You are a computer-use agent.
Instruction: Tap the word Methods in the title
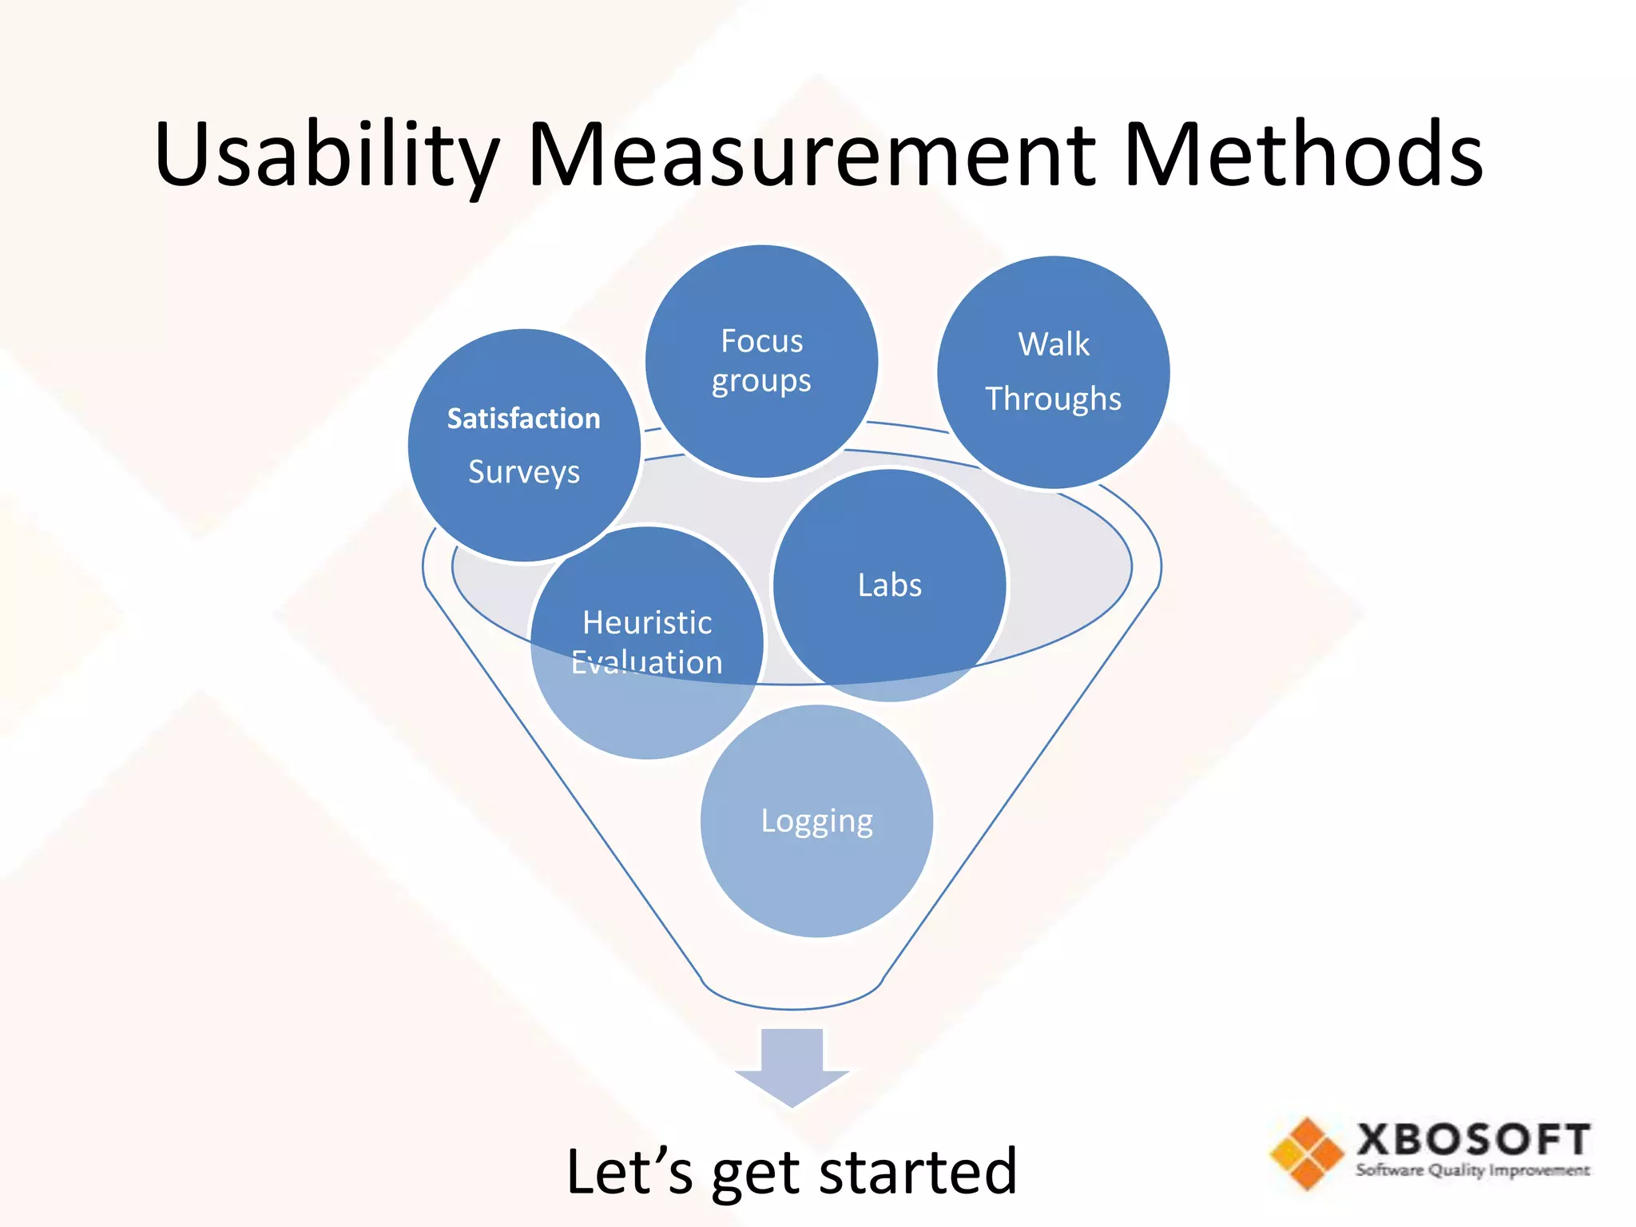pos(1302,156)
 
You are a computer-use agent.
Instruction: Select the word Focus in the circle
pos(761,341)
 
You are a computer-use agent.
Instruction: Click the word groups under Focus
pos(761,382)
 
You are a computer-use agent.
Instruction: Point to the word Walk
pos(1053,344)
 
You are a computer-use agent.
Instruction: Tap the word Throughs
pos(1053,399)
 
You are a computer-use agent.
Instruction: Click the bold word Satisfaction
pos(523,419)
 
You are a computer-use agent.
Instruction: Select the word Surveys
pos(523,472)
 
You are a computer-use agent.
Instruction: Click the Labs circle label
pos(889,586)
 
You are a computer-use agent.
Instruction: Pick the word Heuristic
pos(647,623)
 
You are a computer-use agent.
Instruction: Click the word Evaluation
pos(647,663)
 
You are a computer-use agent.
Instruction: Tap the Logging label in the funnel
pos(816,821)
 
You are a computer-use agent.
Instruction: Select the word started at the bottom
pos(918,1171)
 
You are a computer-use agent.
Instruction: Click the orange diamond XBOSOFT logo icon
pos(1307,1153)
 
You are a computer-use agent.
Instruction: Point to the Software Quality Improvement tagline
pos(1472,1170)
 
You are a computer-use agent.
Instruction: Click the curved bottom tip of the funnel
pos(792,1007)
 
